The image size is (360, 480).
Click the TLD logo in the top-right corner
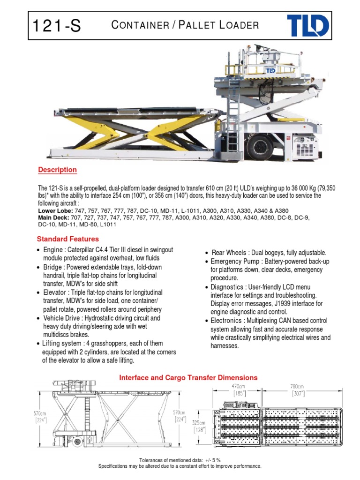[x=307, y=26]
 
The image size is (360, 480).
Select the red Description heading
[x=57, y=170]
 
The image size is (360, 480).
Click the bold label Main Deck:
[x=53, y=218]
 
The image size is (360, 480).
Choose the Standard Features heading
[x=68, y=239]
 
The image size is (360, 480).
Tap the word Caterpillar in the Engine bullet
[x=84, y=250]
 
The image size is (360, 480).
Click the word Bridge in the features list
[x=53, y=267]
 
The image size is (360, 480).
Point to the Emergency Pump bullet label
[x=235, y=261]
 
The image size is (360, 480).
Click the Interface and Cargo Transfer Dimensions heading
[x=188, y=377]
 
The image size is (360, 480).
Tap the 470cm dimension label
[x=239, y=386]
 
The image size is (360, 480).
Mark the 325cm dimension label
[x=199, y=422]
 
